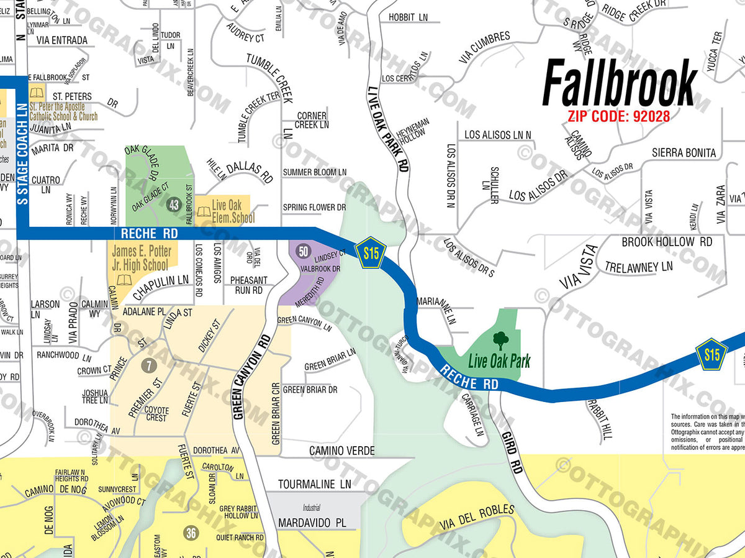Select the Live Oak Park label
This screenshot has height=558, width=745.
coord(499,360)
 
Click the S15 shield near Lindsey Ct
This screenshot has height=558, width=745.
coord(371,252)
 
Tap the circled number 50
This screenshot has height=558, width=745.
coord(303,251)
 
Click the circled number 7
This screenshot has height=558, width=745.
coord(148,366)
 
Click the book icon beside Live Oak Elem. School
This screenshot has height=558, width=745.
coord(204,212)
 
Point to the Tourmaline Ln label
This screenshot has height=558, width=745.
coord(314,483)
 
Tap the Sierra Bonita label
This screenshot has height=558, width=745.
coord(684,153)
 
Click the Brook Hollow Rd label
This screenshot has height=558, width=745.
coord(667,242)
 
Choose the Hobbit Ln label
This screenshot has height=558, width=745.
coord(409,17)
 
